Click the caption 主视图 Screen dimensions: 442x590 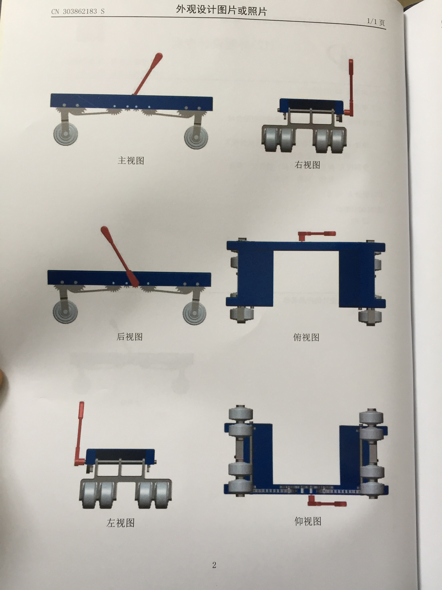131,161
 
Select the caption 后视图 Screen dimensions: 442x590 129,337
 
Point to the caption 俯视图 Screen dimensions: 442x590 306,337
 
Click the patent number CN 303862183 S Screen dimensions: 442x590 78,11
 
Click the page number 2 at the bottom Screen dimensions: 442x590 214,565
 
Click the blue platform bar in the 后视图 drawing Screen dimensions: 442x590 129,278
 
